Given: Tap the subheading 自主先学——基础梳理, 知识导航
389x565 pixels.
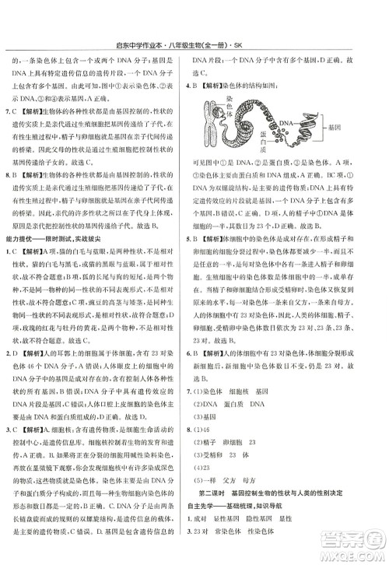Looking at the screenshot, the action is click(x=233, y=506).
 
